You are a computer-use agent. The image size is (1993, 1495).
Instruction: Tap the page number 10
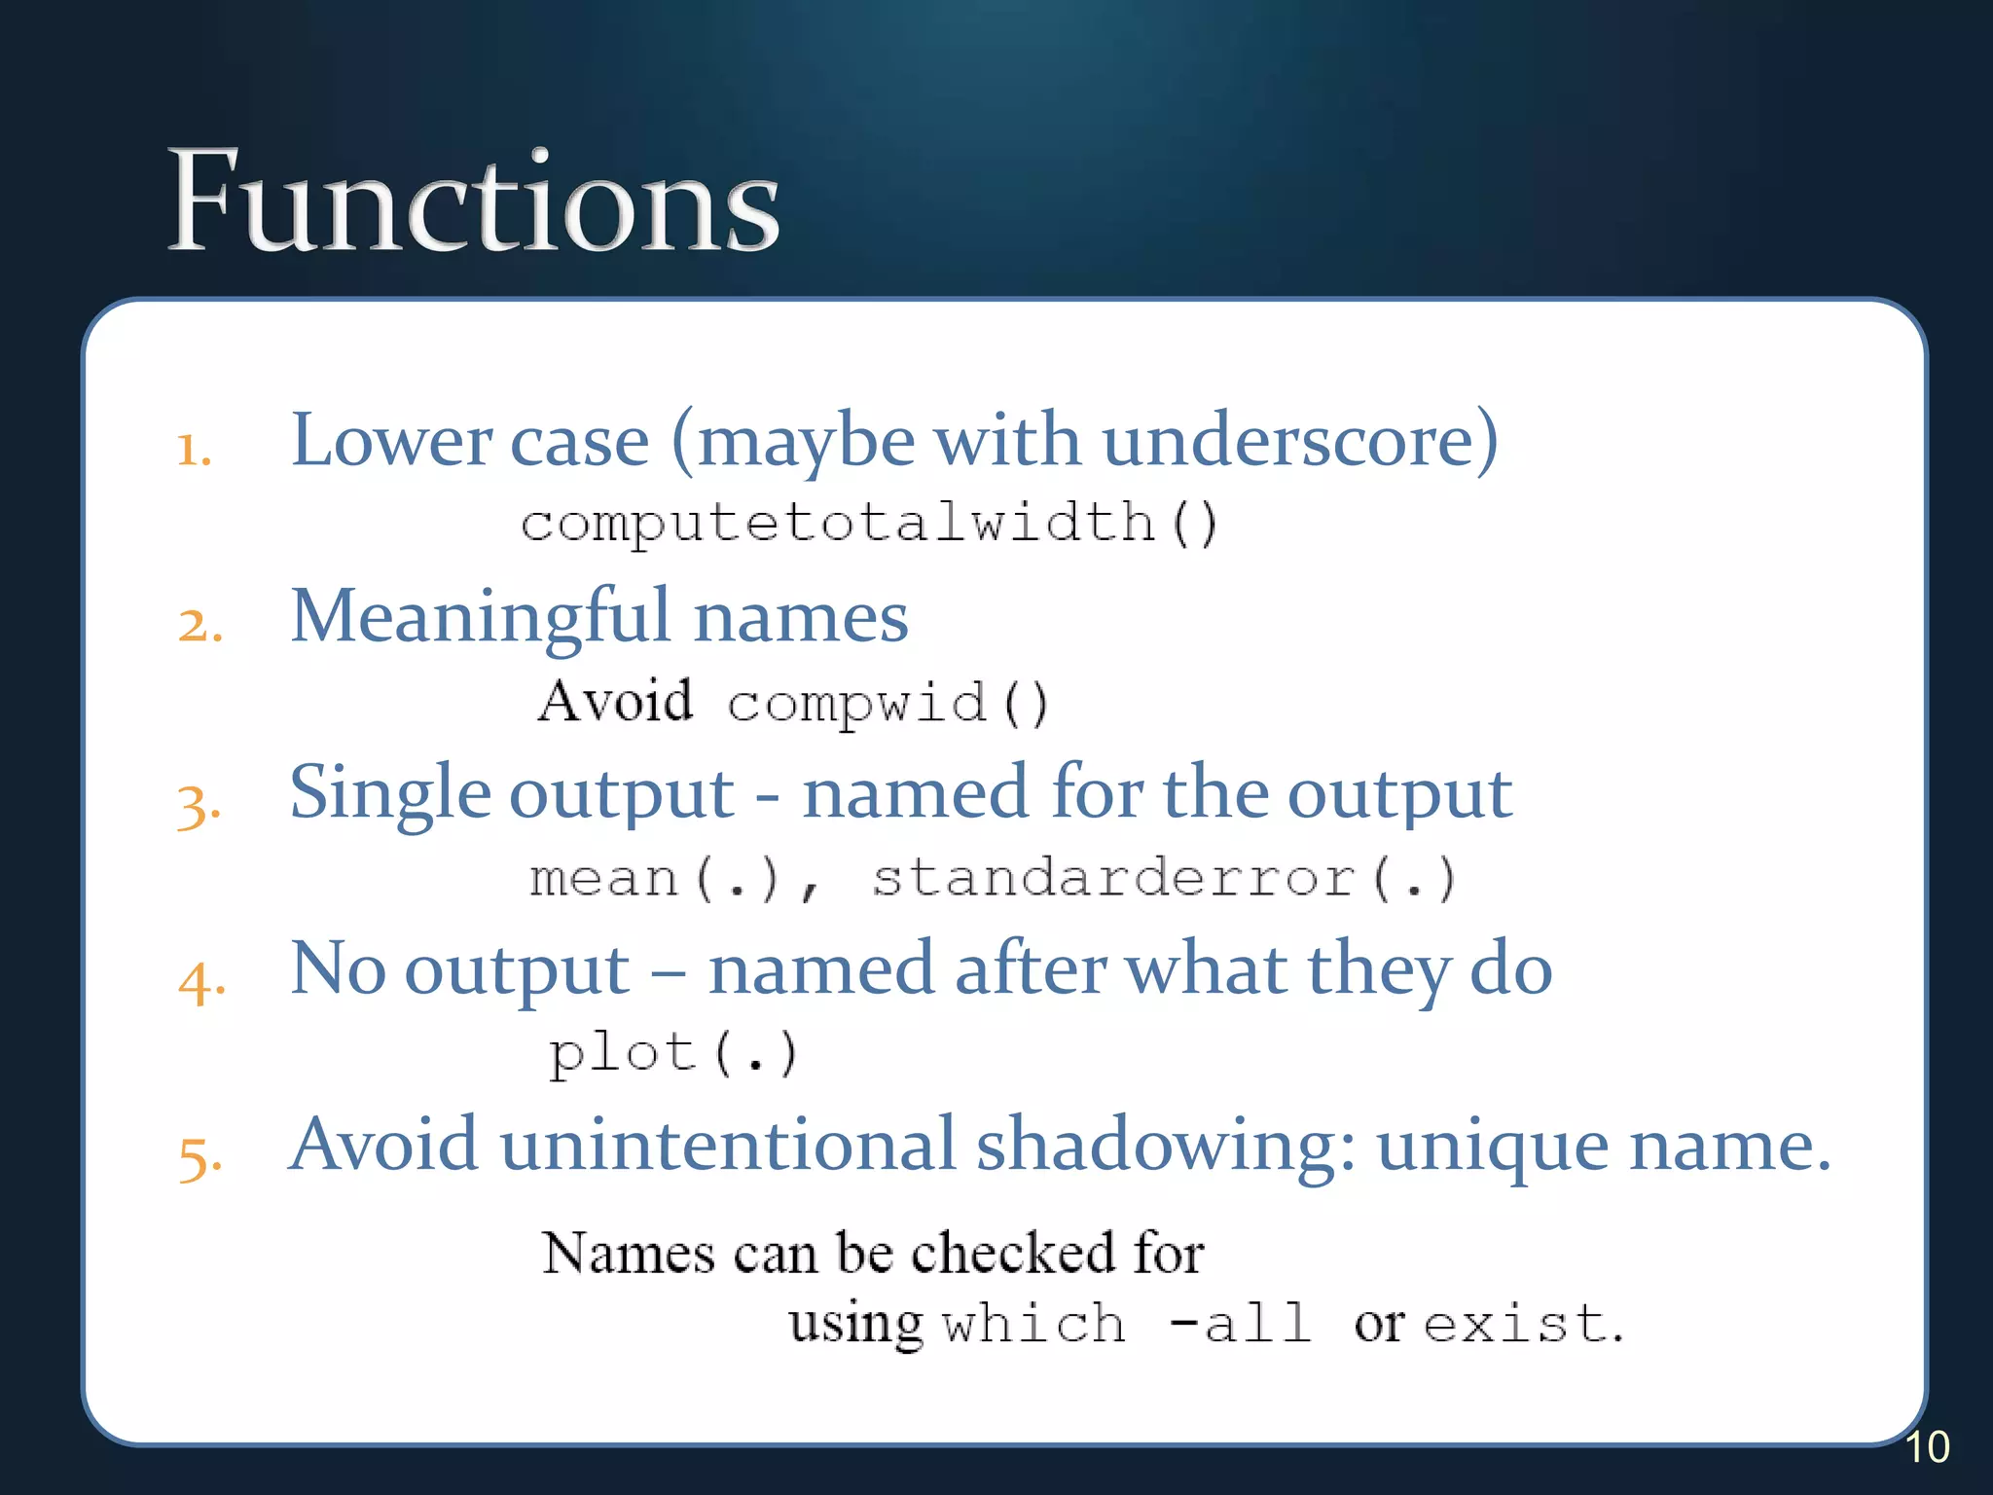(1926, 1447)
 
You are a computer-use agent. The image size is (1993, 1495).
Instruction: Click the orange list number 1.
(193, 450)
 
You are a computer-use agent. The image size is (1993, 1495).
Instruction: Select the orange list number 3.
(199, 806)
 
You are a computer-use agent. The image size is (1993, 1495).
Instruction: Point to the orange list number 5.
(199, 1158)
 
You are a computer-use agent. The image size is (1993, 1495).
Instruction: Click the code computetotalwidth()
(868, 523)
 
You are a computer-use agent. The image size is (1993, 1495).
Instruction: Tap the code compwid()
(888, 703)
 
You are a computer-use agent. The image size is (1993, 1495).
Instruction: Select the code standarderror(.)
(1163, 878)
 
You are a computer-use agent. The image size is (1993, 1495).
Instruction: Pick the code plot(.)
(672, 1054)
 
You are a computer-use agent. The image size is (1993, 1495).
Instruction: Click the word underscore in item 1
(1299, 441)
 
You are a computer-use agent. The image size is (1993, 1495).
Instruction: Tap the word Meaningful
(481, 617)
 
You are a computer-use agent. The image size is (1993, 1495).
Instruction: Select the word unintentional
(726, 1145)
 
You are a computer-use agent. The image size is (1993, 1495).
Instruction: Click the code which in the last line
(1033, 1325)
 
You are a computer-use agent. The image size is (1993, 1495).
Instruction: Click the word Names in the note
(628, 1253)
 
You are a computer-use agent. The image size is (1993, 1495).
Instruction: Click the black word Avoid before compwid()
(615, 701)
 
